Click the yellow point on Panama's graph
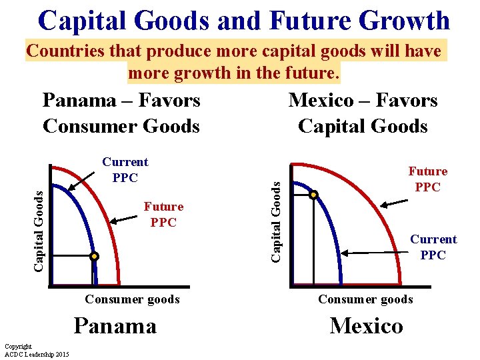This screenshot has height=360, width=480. point(95,256)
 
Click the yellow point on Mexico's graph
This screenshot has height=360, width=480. point(313,195)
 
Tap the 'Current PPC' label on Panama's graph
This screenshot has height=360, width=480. point(125,169)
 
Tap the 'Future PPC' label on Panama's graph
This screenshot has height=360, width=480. point(163,215)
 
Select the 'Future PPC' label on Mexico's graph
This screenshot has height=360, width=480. point(427,179)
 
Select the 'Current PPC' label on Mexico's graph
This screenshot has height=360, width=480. point(433,247)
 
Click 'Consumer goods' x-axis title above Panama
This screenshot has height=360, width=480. point(132,299)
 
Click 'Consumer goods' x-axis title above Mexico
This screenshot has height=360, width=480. point(365,299)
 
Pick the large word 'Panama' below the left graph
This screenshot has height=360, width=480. point(115,325)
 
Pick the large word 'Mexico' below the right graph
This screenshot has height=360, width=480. point(366,325)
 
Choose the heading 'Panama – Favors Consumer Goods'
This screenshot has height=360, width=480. point(121,113)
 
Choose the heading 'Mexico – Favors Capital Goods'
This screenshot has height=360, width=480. point(363,113)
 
